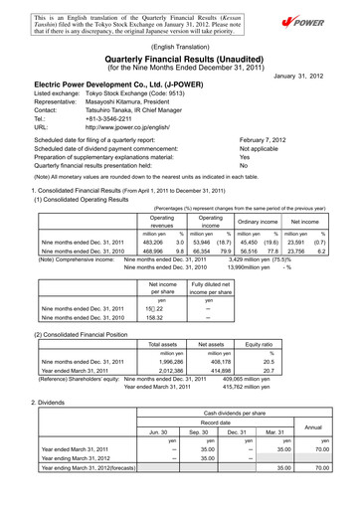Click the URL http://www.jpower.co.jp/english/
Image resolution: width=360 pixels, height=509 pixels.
point(130,127)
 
